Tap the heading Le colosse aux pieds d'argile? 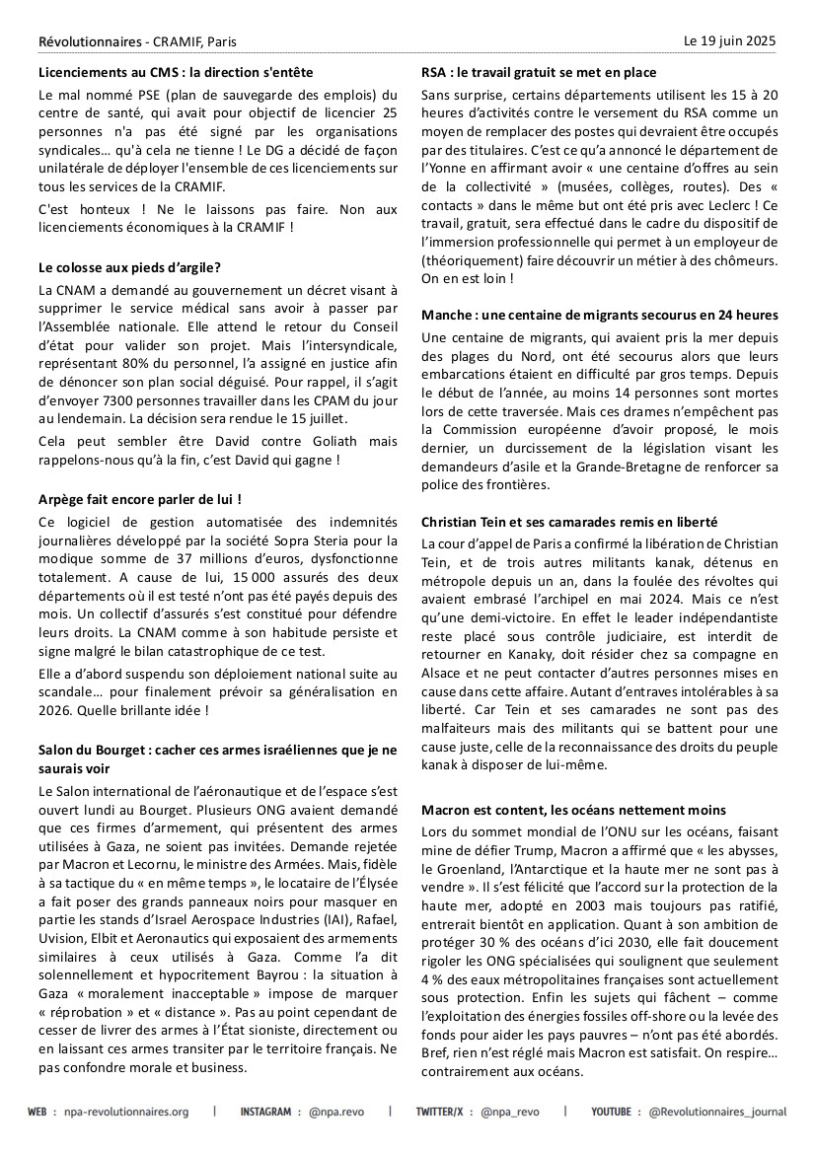tap(129, 267)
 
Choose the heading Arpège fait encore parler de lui tap(140, 500)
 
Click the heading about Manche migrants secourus tap(599, 316)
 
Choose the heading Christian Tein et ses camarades tap(569, 522)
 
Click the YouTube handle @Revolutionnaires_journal tap(717, 1112)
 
